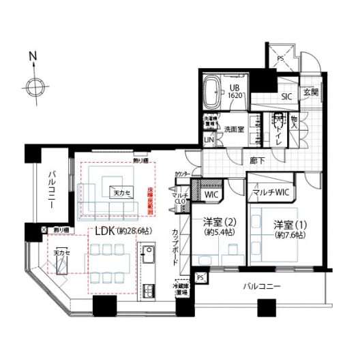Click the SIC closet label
pyautogui.click(x=286, y=97)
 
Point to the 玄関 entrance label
pyautogui.click(x=311, y=92)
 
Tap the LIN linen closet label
pyautogui.click(x=209, y=140)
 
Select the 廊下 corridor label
pyautogui.click(x=258, y=161)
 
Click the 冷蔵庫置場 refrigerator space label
pyautogui.click(x=181, y=289)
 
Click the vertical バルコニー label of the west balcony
pyautogui.click(x=51, y=193)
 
